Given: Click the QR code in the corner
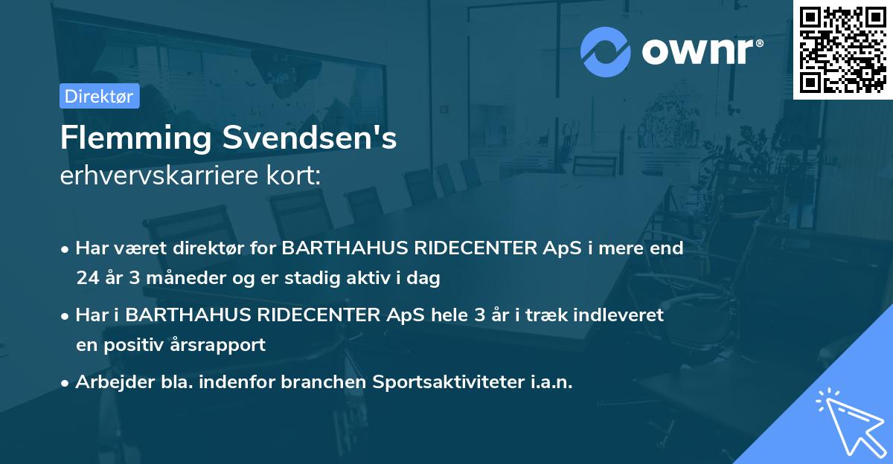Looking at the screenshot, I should tap(843, 49).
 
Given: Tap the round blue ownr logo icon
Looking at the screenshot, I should tap(606, 51).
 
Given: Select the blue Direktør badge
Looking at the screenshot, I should tap(99, 96).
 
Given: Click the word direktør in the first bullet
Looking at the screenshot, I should tap(212, 248).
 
